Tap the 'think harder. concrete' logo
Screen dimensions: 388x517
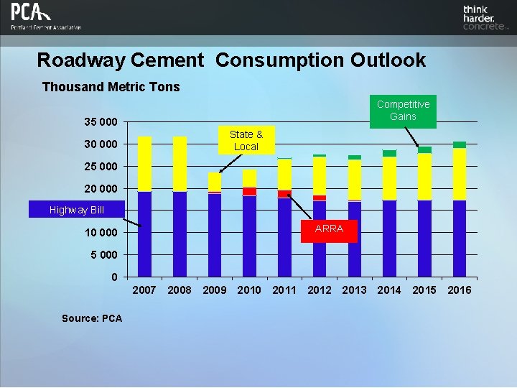tap(485, 18)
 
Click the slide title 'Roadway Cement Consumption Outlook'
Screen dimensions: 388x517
tap(231, 60)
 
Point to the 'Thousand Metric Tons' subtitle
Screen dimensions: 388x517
tap(111, 87)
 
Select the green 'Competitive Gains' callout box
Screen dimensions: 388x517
tap(403, 111)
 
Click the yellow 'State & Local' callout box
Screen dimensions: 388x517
tap(246, 140)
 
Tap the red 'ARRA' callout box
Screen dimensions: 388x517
tap(329, 229)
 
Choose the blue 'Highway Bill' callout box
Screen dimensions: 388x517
tap(76, 210)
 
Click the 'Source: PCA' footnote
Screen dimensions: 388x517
tap(92, 318)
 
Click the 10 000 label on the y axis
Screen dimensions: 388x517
tap(96, 233)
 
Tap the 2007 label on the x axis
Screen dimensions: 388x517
tap(145, 290)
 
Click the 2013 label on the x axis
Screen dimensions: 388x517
tap(354, 290)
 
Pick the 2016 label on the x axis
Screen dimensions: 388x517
tap(459, 290)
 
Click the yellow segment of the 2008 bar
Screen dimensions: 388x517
tap(180, 164)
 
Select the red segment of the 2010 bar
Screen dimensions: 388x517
tap(249, 191)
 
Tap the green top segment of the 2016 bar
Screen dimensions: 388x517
tap(459, 144)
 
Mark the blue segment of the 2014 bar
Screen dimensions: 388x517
tap(389, 237)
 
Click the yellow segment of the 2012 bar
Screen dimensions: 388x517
tap(320, 175)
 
